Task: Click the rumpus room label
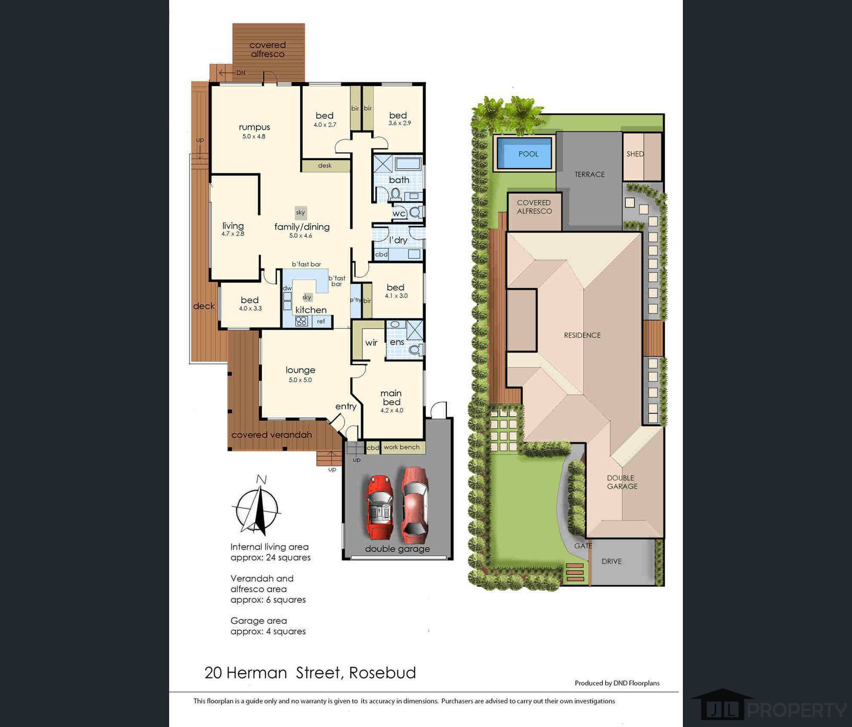click(x=254, y=127)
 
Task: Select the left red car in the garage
click(x=380, y=507)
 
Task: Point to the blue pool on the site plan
click(x=524, y=154)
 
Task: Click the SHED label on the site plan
click(x=635, y=154)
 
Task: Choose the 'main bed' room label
click(x=391, y=397)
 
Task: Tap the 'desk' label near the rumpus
click(x=325, y=166)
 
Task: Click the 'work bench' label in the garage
click(x=401, y=447)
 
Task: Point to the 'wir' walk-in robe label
click(x=371, y=343)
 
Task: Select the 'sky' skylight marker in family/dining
click(x=300, y=213)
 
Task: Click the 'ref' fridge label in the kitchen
click(x=321, y=321)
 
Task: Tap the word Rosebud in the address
click(x=383, y=673)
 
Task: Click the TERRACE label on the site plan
click(x=590, y=174)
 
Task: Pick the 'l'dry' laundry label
click(x=398, y=240)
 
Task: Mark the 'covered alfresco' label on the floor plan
click(x=267, y=50)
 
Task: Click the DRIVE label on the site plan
click(x=611, y=561)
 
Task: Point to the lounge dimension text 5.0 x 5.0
click(x=300, y=380)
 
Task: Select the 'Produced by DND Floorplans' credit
click(x=617, y=683)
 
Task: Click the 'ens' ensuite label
click(x=397, y=342)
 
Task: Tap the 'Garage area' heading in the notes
click(x=258, y=620)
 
